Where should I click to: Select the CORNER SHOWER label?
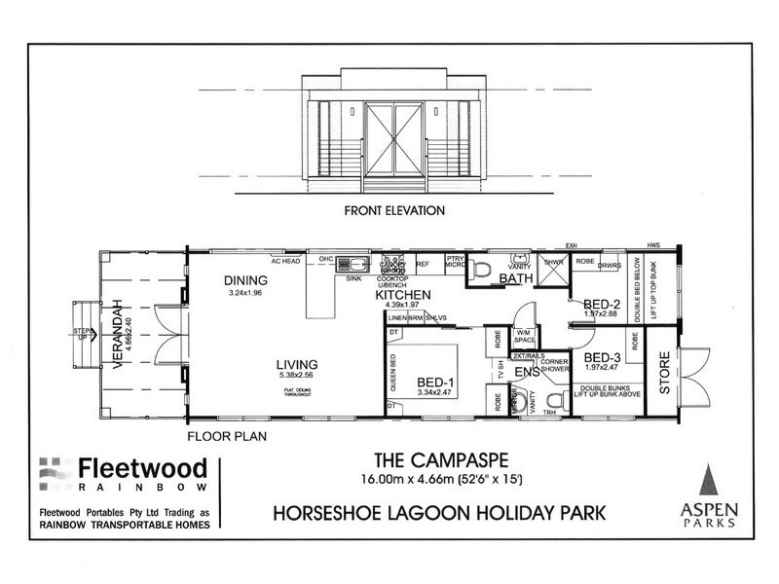(x=554, y=363)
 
